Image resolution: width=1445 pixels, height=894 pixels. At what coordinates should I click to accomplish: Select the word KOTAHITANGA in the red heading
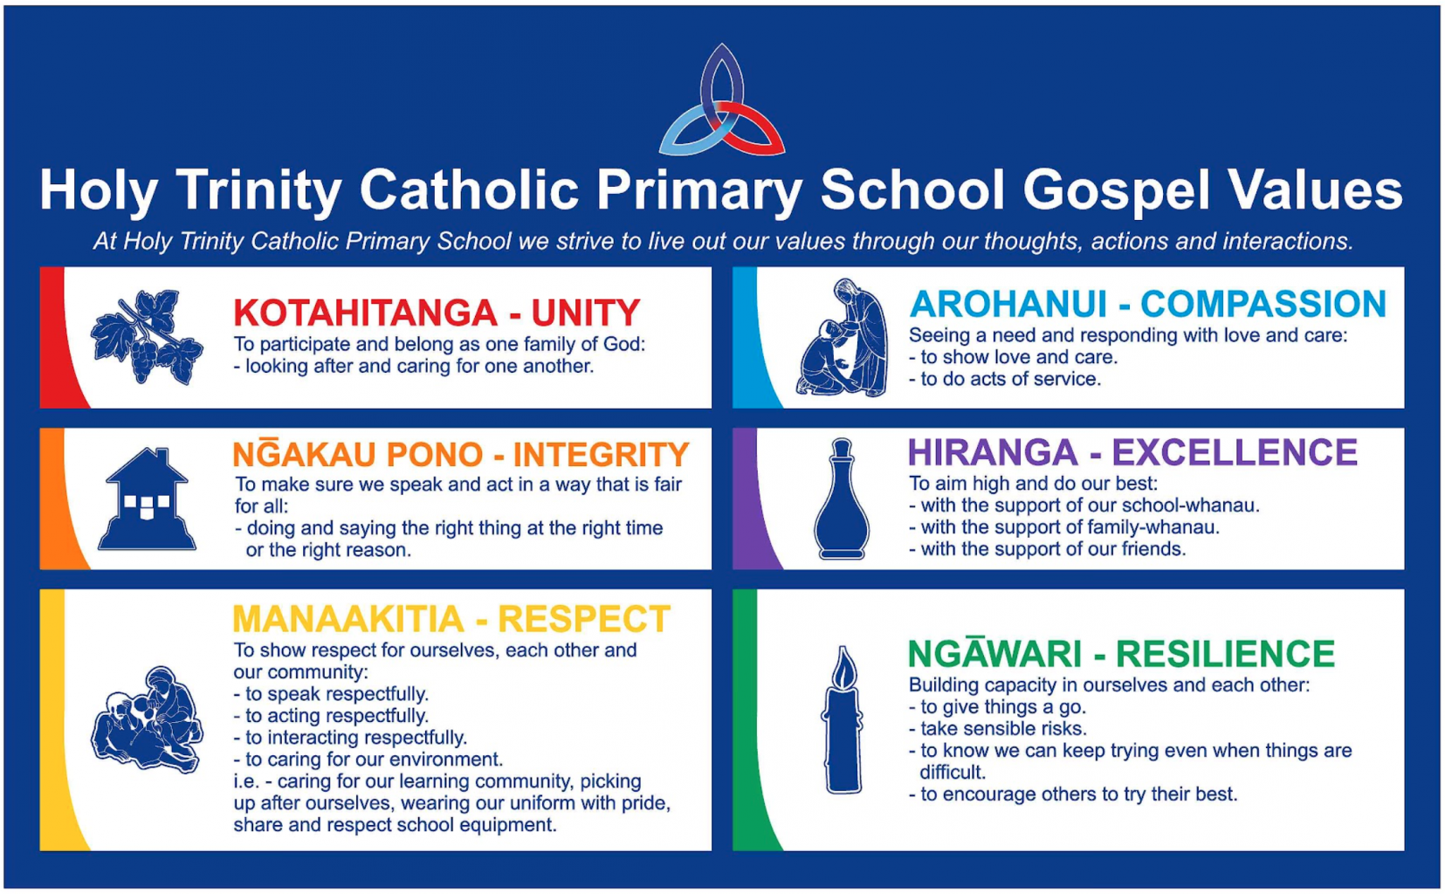pyautogui.click(x=365, y=313)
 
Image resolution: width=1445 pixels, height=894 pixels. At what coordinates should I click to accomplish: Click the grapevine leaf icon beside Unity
pyautogui.click(x=147, y=337)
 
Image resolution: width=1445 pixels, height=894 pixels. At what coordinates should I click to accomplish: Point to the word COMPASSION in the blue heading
pyautogui.click(x=1263, y=304)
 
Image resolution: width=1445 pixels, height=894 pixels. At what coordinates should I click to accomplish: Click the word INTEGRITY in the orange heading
pyautogui.click(x=601, y=454)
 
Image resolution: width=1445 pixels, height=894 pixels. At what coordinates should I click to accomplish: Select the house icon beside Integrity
pyautogui.click(x=147, y=499)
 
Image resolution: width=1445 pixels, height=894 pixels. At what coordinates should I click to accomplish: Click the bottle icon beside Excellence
pyautogui.click(x=842, y=499)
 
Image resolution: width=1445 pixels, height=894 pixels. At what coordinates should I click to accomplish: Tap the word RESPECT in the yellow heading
pyautogui.click(x=584, y=619)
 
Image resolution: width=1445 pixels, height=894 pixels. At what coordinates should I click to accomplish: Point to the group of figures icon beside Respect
pyautogui.click(x=147, y=719)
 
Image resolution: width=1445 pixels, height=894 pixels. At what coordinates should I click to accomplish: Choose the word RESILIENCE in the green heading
pyautogui.click(x=1225, y=653)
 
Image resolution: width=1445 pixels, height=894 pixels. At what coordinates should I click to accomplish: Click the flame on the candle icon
pyautogui.click(x=843, y=668)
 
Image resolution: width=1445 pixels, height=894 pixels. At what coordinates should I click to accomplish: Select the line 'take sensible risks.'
pyautogui.click(x=998, y=729)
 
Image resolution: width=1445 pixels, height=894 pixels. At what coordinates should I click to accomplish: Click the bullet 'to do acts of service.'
pyautogui.click(x=1005, y=379)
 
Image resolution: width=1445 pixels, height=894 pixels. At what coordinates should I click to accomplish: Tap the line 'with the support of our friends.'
pyautogui.click(x=1048, y=549)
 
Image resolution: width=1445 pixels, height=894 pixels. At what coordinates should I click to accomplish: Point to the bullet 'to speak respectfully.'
pyautogui.click(x=331, y=694)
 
